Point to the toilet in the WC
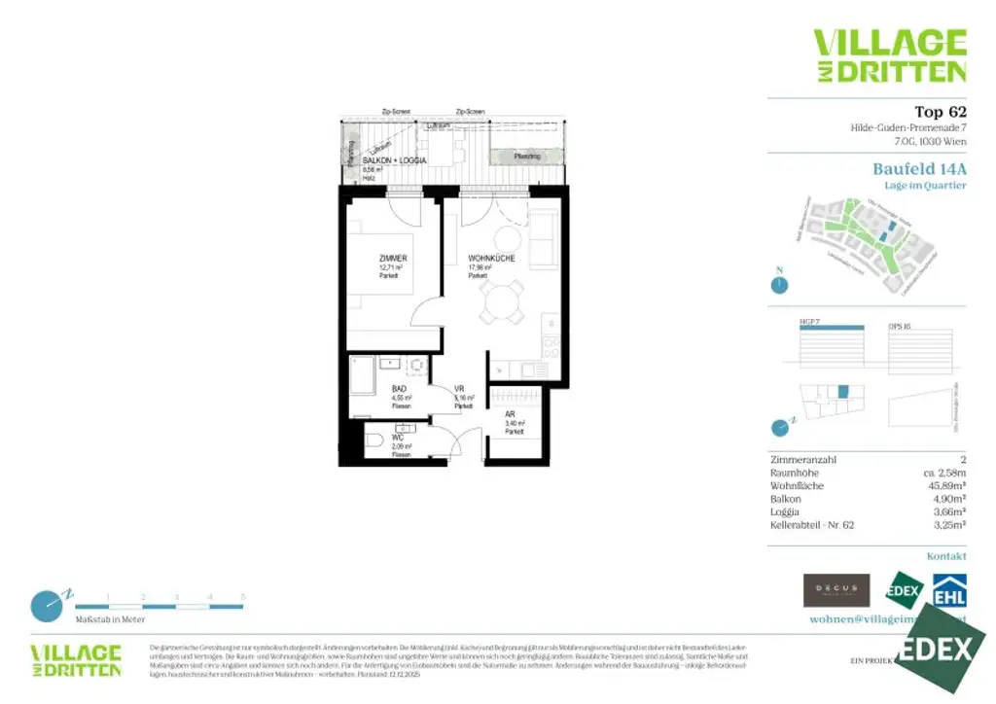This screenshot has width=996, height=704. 375,440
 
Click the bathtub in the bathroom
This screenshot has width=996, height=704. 363,374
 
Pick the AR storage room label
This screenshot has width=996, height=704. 510,413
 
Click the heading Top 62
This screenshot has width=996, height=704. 940,112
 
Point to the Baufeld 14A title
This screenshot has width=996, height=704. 919,169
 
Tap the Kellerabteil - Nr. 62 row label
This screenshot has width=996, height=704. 811,524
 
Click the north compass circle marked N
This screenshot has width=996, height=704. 778,284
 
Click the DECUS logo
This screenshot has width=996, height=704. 836,589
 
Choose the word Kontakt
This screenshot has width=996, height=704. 946,556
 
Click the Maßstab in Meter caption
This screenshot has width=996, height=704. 110,618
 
